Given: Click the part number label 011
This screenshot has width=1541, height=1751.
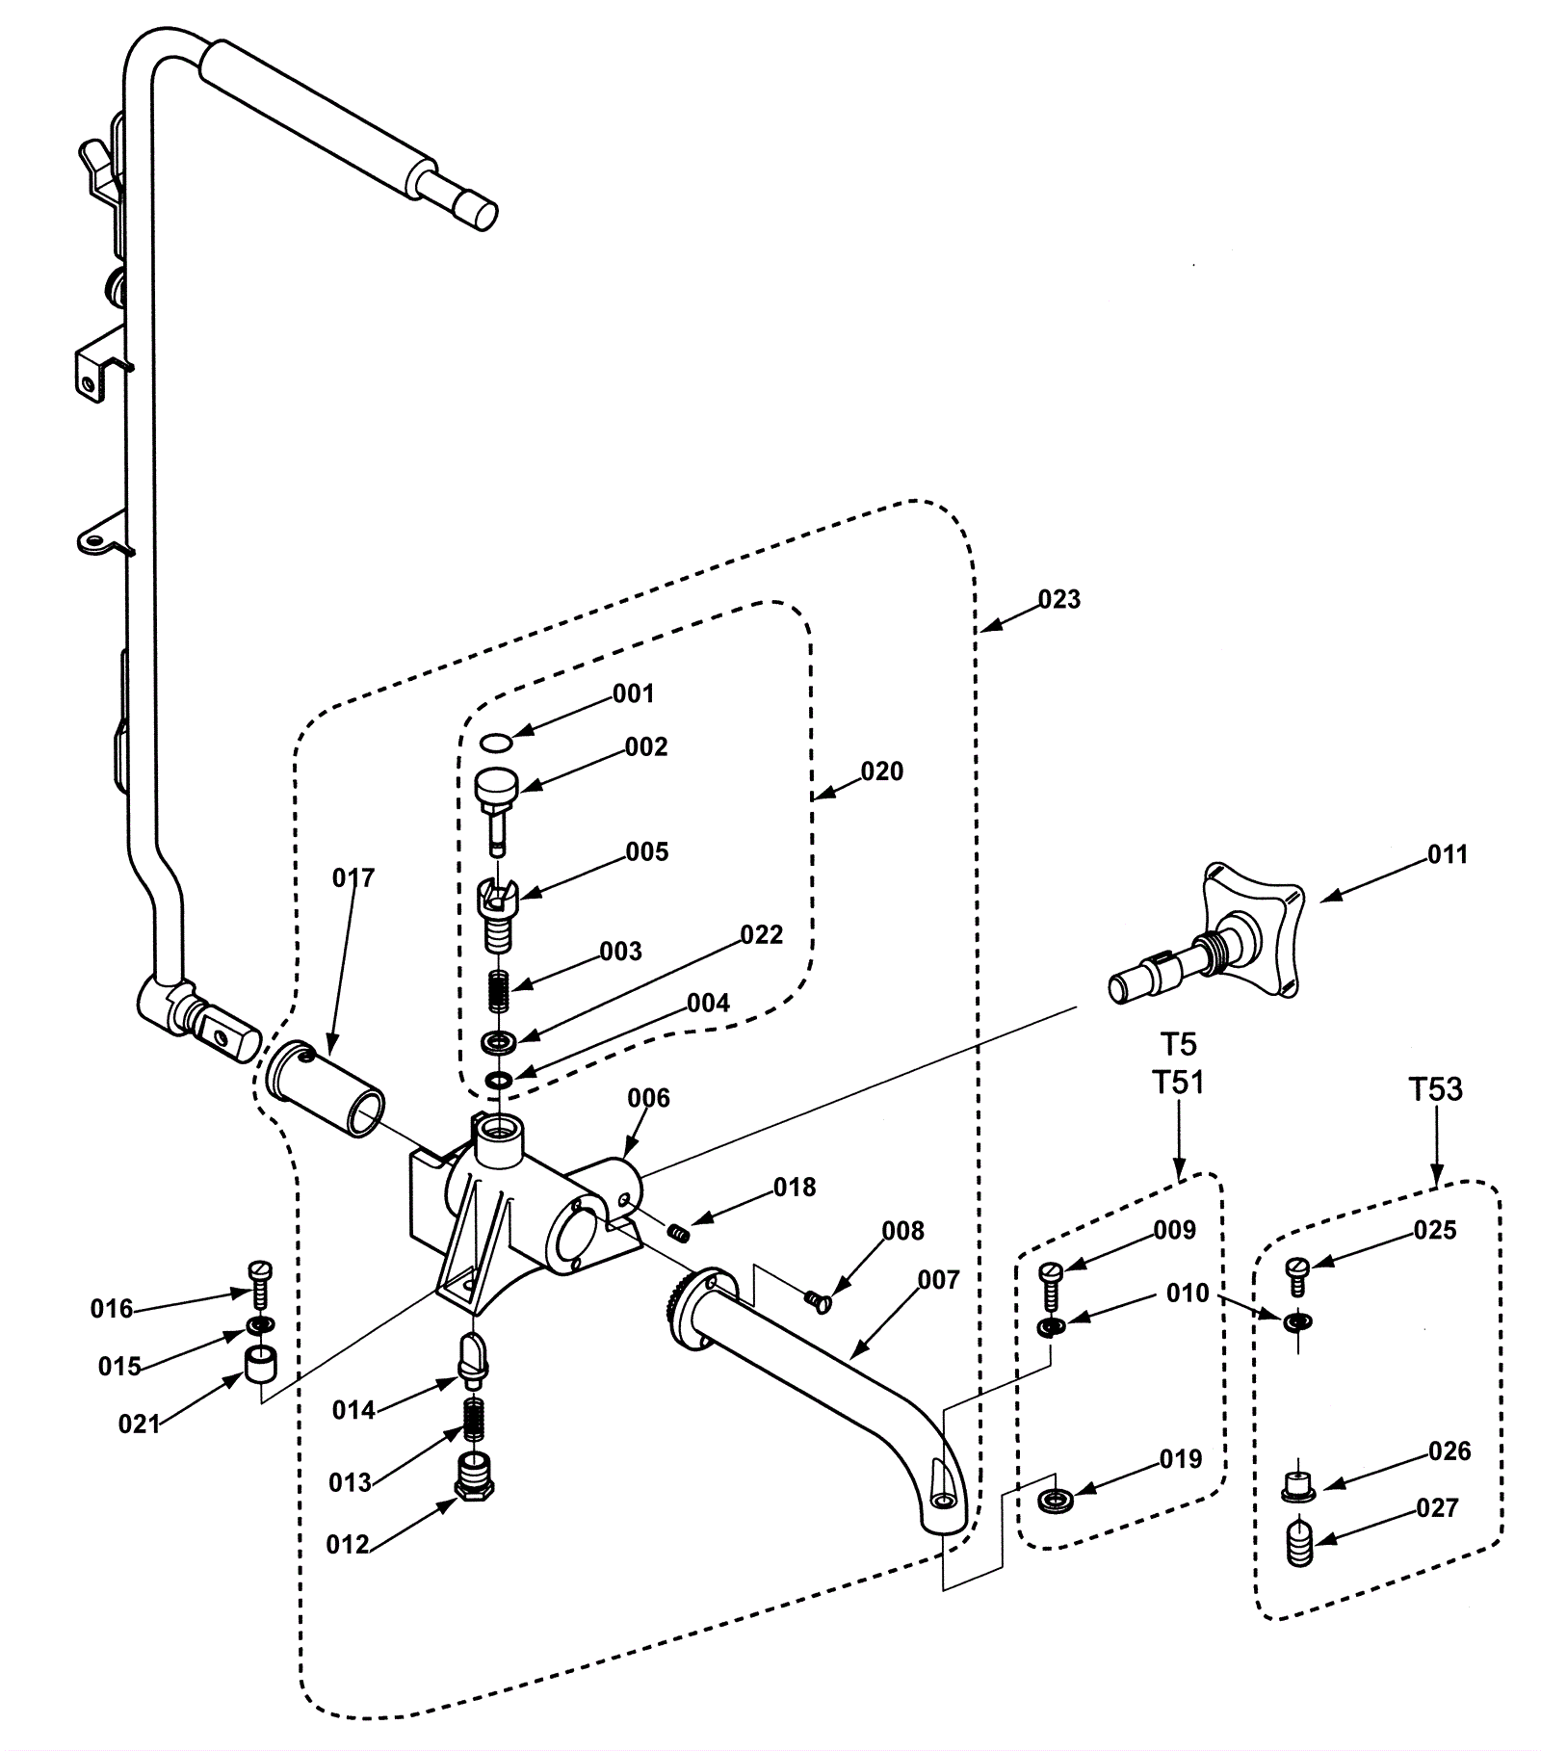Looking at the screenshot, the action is click(1447, 854).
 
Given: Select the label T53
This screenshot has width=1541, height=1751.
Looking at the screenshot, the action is click(1435, 1089).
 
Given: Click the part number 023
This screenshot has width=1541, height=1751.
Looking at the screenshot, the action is click(1059, 599).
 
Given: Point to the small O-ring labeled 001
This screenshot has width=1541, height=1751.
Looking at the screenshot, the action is click(496, 742).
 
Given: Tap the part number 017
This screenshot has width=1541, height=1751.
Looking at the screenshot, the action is click(353, 877).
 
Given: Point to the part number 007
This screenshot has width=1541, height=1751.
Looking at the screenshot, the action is click(939, 1280).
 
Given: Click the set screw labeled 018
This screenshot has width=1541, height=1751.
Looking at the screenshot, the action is click(679, 1231).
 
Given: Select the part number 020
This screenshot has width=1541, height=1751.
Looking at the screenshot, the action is click(882, 771).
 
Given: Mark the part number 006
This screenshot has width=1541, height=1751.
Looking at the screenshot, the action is click(648, 1098).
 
